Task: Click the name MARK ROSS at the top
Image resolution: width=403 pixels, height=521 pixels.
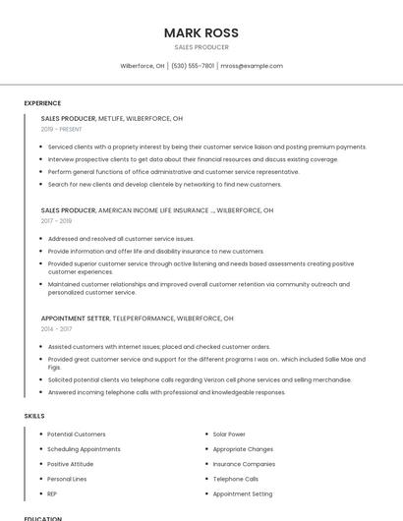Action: (201, 32)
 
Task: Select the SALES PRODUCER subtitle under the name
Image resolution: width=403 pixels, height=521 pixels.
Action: (201, 47)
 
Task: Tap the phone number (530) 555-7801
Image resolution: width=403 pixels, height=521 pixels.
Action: (193, 66)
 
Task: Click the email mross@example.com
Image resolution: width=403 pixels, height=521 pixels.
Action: (252, 66)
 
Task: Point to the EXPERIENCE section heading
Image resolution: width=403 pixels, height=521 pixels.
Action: (42, 103)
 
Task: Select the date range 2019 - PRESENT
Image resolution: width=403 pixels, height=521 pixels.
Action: (61, 129)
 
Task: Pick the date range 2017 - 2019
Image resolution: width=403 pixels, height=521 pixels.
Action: (56, 221)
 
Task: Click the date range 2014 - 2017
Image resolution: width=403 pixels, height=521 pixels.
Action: (56, 329)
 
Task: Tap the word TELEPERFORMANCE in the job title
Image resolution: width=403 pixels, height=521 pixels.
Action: (145, 318)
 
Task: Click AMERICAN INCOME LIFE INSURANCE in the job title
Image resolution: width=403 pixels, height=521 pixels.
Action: (154, 210)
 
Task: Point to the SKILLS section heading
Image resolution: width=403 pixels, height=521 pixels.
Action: (34, 416)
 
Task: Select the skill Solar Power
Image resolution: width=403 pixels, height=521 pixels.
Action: (229, 434)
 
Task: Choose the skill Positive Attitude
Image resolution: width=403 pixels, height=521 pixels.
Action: (70, 464)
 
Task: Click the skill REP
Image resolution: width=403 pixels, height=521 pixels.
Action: (53, 493)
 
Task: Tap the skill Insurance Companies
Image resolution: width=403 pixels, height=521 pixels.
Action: (244, 464)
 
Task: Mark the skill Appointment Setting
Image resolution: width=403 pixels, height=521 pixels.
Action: (243, 493)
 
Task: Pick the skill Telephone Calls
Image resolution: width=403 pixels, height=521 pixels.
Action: (236, 479)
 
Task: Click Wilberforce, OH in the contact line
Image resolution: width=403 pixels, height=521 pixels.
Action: (143, 66)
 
